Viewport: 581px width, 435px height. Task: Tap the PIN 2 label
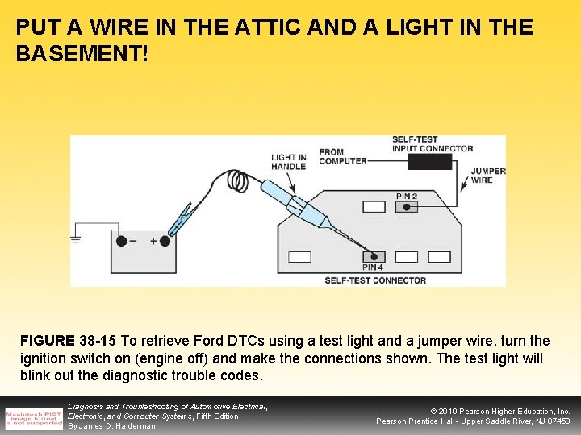coord(407,196)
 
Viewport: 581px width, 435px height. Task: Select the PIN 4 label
coord(373,267)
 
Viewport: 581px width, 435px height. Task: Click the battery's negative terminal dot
coord(121,240)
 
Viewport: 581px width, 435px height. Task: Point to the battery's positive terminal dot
coord(165,240)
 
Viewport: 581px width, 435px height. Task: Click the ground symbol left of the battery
coord(77,238)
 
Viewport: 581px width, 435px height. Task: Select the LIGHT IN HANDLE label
coord(288,162)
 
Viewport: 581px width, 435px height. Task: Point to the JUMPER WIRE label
coord(487,176)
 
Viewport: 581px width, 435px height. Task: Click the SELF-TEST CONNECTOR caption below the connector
coord(375,280)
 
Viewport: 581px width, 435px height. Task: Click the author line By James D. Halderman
coord(111,426)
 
